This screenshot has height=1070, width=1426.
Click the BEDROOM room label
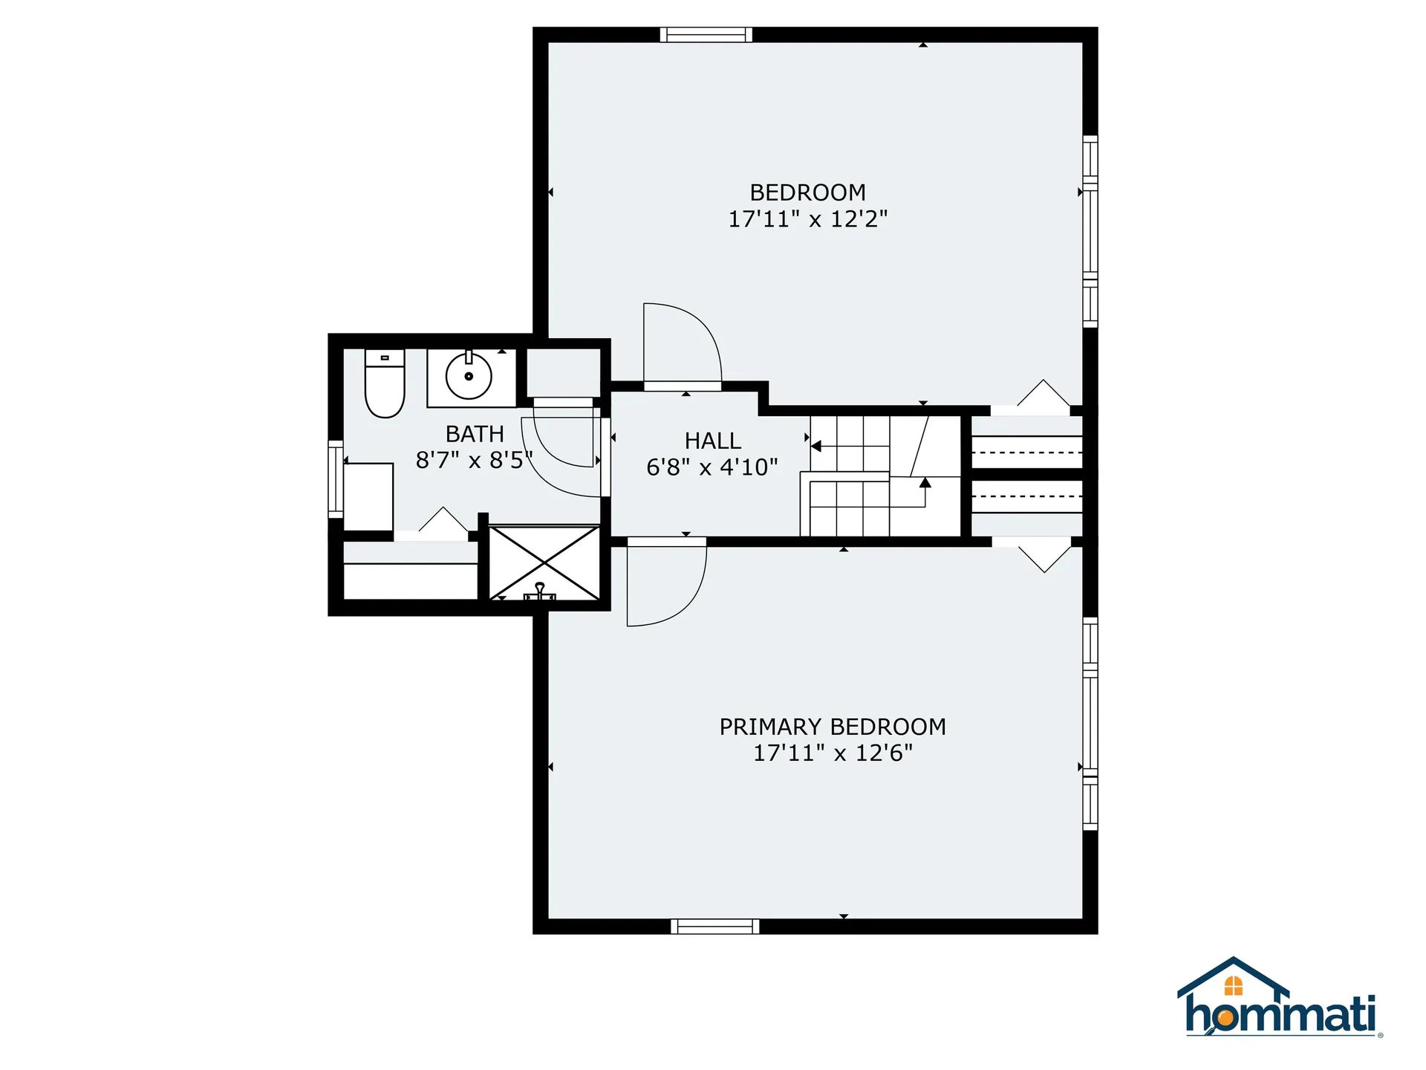[807, 192]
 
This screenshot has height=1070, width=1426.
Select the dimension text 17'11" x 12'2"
[807, 219]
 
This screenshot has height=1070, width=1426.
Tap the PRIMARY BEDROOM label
[833, 726]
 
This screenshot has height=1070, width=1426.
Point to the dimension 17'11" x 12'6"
[833, 753]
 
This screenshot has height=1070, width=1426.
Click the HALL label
[712, 441]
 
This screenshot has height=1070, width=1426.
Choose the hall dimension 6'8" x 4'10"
[712, 467]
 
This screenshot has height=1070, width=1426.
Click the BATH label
[475, 433]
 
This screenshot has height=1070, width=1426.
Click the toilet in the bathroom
[385, 384]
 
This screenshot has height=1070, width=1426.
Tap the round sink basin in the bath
[469, 377]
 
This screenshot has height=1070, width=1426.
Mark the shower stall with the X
[544, 562]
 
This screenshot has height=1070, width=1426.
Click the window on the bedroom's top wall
[706, 34]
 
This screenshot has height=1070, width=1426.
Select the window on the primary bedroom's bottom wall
[714, 926]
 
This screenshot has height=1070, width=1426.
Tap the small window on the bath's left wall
[336, 479]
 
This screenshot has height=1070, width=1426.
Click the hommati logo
[1280, 999]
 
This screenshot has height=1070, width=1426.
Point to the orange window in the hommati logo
[1233, 986]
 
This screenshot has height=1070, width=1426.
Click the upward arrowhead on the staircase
[925, 483]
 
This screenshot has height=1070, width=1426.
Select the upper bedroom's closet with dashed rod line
[1027, 452]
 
